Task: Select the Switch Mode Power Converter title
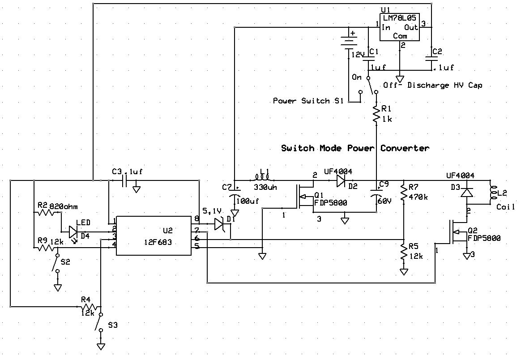click(355, 148)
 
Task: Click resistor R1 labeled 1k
click(376, 114)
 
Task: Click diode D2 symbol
click(341, 180)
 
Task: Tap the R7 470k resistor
click(404, 193)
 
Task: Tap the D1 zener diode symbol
click(220, 223)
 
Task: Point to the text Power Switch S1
click(308, 101)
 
